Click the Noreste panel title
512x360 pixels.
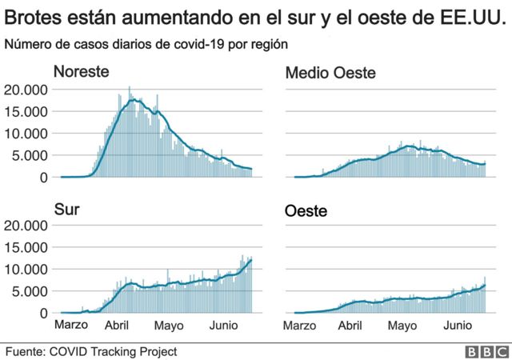[x=82, y=71]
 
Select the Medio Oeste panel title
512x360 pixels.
[x=330, y=73]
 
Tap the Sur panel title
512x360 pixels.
[x=67, y=210]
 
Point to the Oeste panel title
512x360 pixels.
[x=306, y=211]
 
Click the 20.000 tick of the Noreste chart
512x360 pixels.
[x=26, y=90]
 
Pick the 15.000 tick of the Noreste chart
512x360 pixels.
[x=26, y=112]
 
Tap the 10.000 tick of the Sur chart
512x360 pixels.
[x=26, y=270]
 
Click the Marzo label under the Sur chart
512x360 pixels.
[x=71, y=325]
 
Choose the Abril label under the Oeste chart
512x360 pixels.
[x=350, y=326]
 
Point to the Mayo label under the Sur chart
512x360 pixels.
[x=169, y=326]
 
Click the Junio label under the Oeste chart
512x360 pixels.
[x=458, y=325]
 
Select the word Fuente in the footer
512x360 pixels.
[x=25, y=352]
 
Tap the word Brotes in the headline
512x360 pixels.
[x=33, y=17]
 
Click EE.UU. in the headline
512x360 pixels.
[x=470, y=17]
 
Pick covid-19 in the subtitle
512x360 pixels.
[x=199, y=44]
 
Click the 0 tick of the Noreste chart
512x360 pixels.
[x=44, y=178]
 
